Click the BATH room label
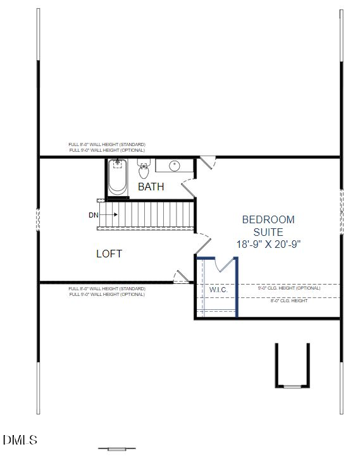click(x=151, y=187)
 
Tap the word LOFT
click(x=109, y=254)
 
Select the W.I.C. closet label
click(x=218, y=290)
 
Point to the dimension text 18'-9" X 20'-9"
click(x=268, y=244)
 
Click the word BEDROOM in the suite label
click(x=268, y=219)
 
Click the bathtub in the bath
click(x=117, y=178)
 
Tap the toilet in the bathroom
click(x=144, y=170)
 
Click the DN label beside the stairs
click(x=94, y=215)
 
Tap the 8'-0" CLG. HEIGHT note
click(x=289, y=300)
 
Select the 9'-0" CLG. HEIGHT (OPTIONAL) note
click(x=289, y=288)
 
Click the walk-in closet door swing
click(x=223, y=267)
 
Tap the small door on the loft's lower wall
click(x=182, y=276)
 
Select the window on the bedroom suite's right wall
click(x=341, y=212)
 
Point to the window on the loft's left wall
click(x=38, y=219)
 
